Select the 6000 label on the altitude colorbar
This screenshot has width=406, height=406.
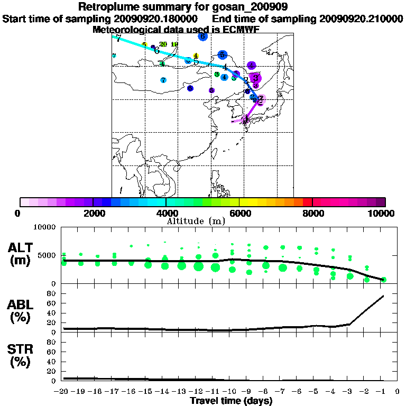click(x=239, y=213)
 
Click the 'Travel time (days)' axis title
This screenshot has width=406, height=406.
click(x=231, y=401)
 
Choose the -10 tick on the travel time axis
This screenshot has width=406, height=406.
click(x=232, y=391)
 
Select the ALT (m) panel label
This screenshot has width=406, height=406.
click(x=22, y=253)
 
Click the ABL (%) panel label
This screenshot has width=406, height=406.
click(x=22, y=312)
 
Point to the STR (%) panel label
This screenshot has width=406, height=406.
click(x=22, y=356)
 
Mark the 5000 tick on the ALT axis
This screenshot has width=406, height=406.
click(x=49, y=255)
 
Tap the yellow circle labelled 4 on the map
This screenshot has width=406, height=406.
click(x=196, y=56)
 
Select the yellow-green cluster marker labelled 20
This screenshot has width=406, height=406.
click(x=163, y=44)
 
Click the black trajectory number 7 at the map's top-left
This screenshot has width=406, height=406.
click(x=118, y=38)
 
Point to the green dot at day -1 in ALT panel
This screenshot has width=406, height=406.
click(x=384, y=280)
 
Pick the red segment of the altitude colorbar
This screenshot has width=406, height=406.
click(x=307, y=202)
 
